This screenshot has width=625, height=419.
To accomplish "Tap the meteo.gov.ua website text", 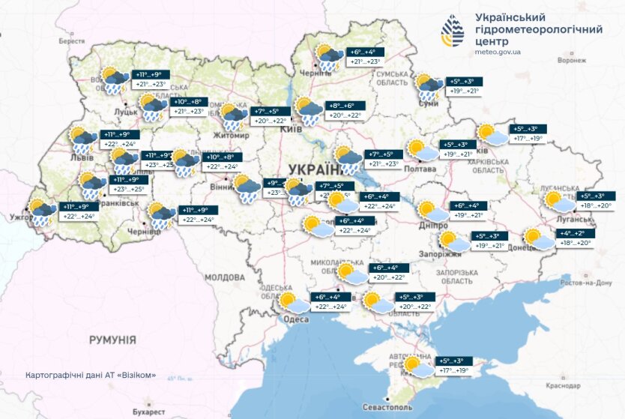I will pos(498,52).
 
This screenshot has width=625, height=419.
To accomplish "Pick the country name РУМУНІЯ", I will pos(112,340).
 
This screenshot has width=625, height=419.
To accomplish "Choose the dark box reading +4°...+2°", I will pos(576,233).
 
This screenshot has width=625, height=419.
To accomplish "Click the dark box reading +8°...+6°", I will pos(345,106).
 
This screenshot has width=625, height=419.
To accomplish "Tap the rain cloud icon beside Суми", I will pos(429,86).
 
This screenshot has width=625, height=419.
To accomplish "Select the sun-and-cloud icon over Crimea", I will pos(417,367).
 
